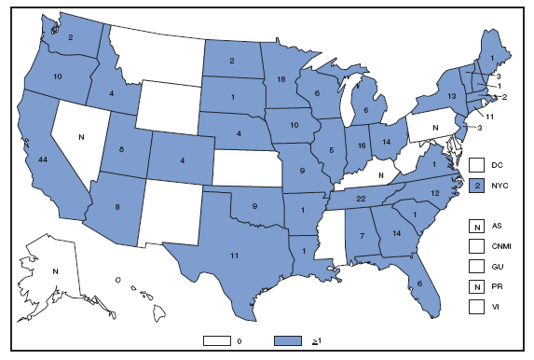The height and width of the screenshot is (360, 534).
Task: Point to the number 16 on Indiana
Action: coord(358,145)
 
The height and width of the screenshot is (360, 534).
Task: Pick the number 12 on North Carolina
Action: coord(434,192)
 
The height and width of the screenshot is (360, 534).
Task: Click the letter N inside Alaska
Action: coord(55,271)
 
